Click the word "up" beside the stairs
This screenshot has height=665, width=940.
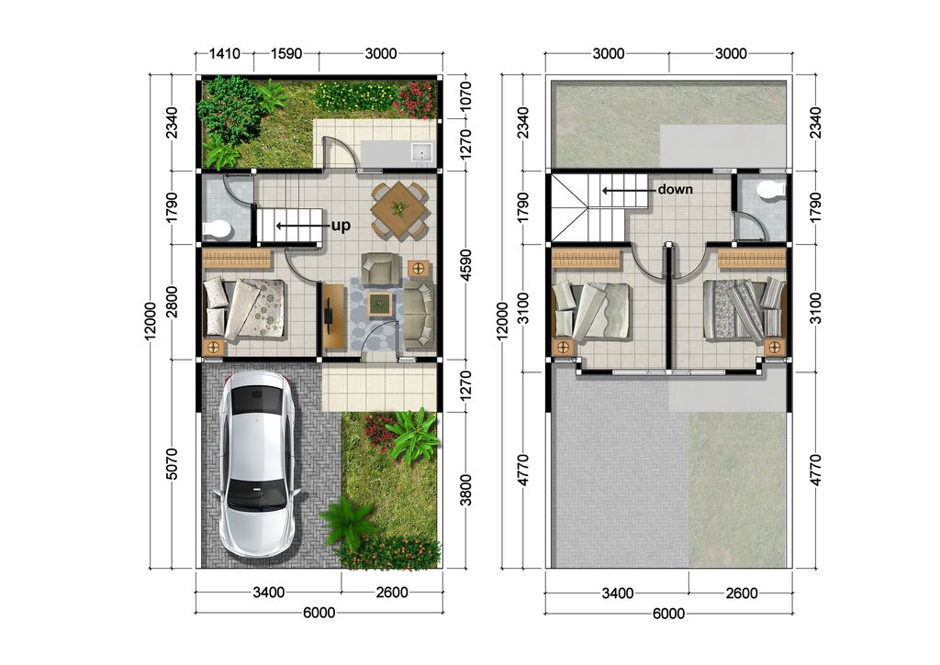click(x=341, y=227)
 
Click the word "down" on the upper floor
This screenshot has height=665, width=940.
click(x=675, y=189)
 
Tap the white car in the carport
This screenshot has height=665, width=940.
click(x=256, y=463)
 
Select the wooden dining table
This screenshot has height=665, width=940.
click(x=398, y=211)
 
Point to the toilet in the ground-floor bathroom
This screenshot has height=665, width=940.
click(x=217, y=229)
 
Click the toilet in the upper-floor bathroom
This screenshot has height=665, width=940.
click(x=771, y=190)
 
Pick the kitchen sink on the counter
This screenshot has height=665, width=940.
click(x=422, y=153)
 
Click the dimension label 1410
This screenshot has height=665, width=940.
click(x=224, y=53)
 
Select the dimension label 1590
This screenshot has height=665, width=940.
click(x=286, y=53)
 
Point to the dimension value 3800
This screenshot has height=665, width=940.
click(x=465, y=490)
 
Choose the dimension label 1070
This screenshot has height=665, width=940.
click(x=465, y=94)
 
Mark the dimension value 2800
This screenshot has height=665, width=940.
click(x=172, y=302)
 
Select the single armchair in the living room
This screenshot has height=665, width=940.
click(x=380, y=269)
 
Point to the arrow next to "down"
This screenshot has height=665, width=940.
click(x=628, y=191)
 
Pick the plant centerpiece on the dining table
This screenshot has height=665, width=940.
click(x=397, y=209)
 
